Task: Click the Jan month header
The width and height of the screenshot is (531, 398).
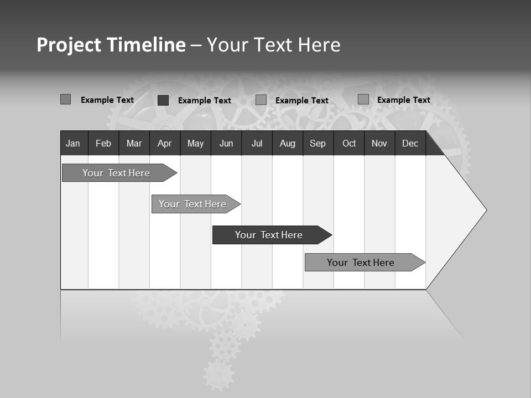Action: pos(73,143)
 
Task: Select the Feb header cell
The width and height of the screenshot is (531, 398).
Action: pos(103,143)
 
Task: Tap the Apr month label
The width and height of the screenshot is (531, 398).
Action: pos(164,143)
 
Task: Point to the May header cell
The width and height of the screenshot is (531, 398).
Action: pos(195,143)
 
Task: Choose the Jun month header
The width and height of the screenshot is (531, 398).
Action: pos(226,143)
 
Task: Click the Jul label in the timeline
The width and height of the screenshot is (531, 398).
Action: pos(257,143)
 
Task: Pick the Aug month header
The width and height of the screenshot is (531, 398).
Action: pos(288,143)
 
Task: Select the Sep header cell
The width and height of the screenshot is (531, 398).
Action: pos(317,143)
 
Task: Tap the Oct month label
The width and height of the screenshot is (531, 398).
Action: pos(349,143)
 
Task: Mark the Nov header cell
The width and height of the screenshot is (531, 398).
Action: pos(379,143)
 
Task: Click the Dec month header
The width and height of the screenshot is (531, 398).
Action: pos(410,143)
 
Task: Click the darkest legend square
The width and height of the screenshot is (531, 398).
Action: pos(163,100)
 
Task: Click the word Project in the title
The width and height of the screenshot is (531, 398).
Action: pos(69,45)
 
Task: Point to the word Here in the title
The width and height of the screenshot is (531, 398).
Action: pos(319,45)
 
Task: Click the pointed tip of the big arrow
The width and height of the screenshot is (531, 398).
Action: pos(486,210)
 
